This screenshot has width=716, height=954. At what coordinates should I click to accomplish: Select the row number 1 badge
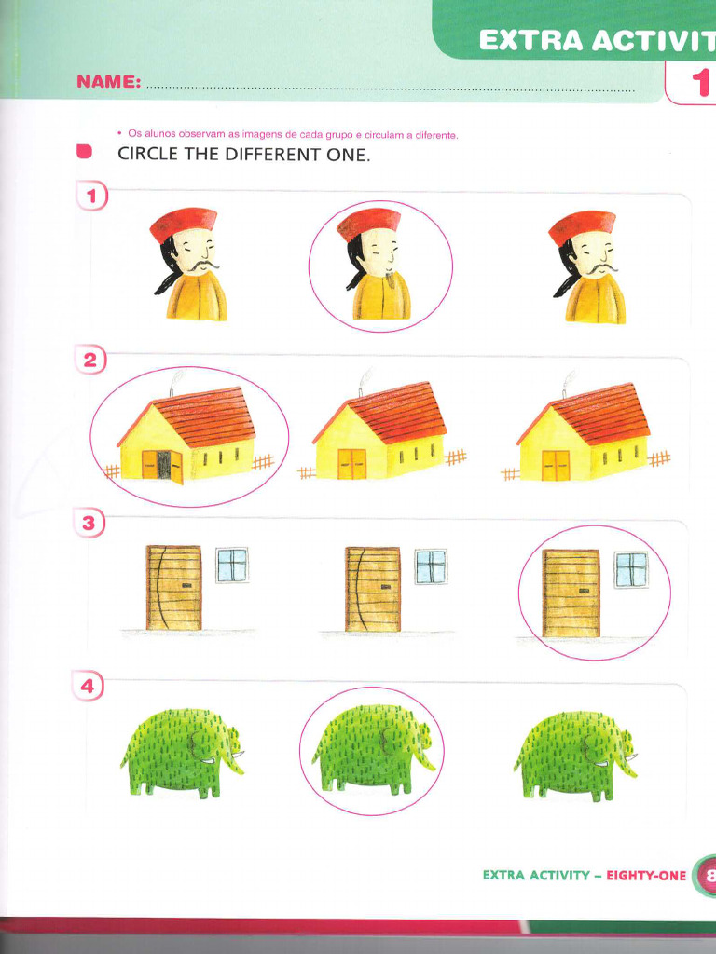tap(91, 197)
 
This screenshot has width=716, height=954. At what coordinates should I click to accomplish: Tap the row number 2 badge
tap(91, 361)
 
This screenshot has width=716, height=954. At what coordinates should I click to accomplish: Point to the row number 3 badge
tap(89, 524)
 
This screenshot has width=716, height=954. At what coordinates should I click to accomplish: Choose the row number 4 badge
tap(88, 688)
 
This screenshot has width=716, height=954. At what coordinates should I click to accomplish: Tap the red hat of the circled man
tap(368, 222)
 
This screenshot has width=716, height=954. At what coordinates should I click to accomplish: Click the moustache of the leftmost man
tap(200, 266)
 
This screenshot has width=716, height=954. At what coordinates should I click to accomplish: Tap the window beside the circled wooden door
tap(631, 569)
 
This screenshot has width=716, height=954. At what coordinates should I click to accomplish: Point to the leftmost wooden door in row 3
tap(173, 588)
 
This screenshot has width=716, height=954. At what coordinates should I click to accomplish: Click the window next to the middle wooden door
tap(431, 566)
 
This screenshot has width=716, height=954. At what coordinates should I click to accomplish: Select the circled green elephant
tap(372, 749)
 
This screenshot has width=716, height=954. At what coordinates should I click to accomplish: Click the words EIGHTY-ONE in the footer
tap(646, 875)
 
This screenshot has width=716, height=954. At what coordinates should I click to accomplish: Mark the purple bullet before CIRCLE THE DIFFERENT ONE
tap(85, 152)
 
